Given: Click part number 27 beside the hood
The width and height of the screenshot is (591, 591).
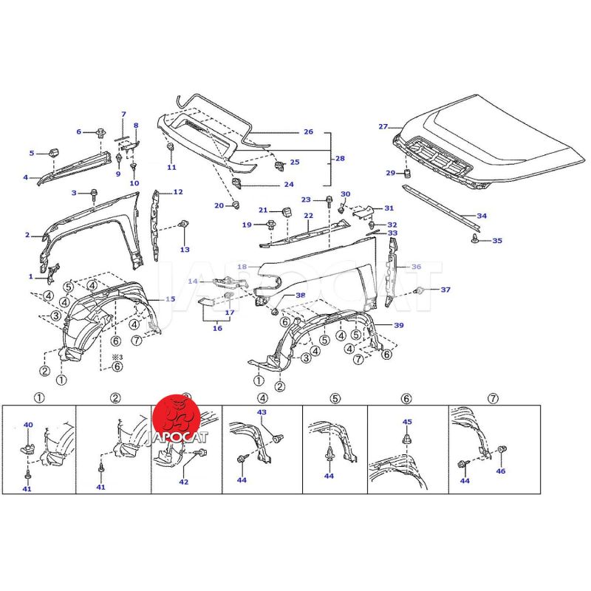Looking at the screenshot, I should pyautogui.click(x=383, y=127).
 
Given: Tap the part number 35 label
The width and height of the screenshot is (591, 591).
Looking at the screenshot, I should pyautogui.click(x=497, y=241).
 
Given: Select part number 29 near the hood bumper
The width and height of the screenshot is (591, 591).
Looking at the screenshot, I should pyautogui.click(x=391, y=174).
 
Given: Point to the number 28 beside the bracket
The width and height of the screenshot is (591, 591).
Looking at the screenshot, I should pyautogui.click(x=340, y=159).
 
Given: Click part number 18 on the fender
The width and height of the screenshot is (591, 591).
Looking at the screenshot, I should pyautogui.click(x=242, y=267).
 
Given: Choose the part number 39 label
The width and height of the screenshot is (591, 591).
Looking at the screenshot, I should pyautogui.click(x=399, y=326).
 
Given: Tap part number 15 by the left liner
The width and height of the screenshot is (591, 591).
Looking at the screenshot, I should pyautogui.click(x=171, y=299).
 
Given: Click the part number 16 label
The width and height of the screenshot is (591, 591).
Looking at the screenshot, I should pyautogui.click(x=217, y=329).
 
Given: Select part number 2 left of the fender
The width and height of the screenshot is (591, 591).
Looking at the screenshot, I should pyautogui.click(x=27, y=236).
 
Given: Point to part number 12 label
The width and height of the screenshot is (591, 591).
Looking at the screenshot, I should pyautogui.click(x=178, y=192).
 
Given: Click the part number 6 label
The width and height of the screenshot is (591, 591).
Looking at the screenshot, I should pyautogui.click(x=78, y=131).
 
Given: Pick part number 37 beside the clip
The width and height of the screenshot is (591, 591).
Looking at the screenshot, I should pyautogui.click(x=445, y=290).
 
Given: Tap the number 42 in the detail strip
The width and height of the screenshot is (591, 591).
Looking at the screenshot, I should pyautogui.click(x=184, y=482).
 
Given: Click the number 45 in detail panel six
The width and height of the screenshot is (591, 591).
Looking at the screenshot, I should pyautogui.click(x=406, y=422).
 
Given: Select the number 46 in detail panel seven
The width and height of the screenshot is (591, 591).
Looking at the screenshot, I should pyautogui.click(x=501, y=471).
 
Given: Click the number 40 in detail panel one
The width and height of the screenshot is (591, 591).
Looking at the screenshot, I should pyautogui.click(x=28, y=425).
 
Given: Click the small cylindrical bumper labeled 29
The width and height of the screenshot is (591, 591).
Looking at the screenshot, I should pyautogui.click(x=406, y=174).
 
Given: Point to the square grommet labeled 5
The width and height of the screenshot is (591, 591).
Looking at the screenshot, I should pyautogui.click(x=53, y=152).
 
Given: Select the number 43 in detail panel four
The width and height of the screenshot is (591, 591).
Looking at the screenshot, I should pyautogui.click(x=262, y=411).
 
